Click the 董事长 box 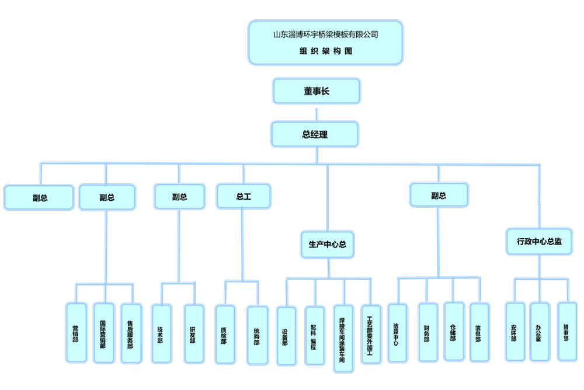(317, 91)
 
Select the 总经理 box (315, 134)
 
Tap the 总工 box (244, 196)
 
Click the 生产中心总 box (328, 244)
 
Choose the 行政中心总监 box (539, 241)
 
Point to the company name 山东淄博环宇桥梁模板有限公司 (325, 34)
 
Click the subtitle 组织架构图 (325, 51)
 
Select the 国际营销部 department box (103, 333)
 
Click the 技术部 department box (161, 333)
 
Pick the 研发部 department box (193, 334)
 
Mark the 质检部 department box (224, 335)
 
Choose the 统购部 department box (257, 336)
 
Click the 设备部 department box (286, 336)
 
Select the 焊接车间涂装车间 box (343, 339)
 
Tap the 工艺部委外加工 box (370, 335)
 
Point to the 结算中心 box (397, 333)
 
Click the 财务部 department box (427, 332)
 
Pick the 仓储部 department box (454, 330)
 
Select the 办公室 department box (540, 332)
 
